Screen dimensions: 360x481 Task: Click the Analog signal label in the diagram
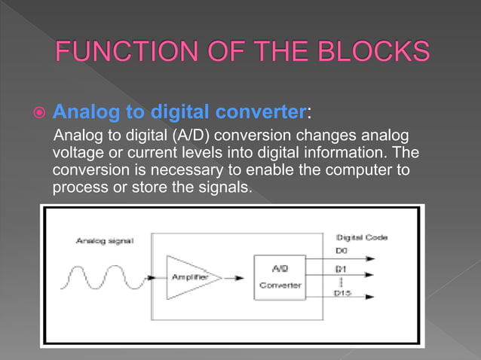[x=105, y=241]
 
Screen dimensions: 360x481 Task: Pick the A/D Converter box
[x=280, y=277]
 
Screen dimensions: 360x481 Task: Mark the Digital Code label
[x=362, y=237]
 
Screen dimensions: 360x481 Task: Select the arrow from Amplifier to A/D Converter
[x=240, y=277]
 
